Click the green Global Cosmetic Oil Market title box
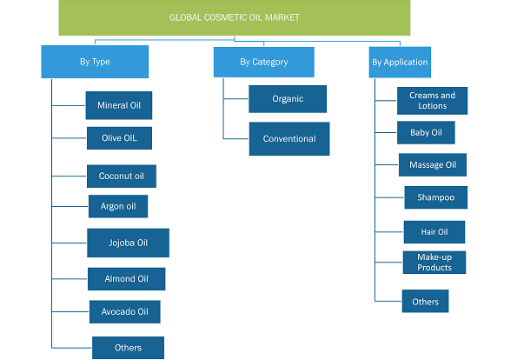[235, 17]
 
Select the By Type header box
[95, 62]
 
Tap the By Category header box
[264, 62]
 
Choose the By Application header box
[400, 62]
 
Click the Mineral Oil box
[119, 105]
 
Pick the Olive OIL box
[119, 138]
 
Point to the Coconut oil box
[122, 177]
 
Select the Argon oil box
[118, 206]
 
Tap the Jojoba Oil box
[129, 243]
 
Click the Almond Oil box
[127, 279]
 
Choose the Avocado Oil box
[125, 311]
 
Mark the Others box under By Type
[129, 348]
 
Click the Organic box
[288, 99]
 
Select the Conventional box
[289, 138]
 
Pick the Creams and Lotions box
[432, 101]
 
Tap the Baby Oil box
[426, 133]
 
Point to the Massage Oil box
[433, 164]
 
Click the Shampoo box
[436, 197]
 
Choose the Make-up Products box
[434, 263]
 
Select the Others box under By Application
[426, 301]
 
